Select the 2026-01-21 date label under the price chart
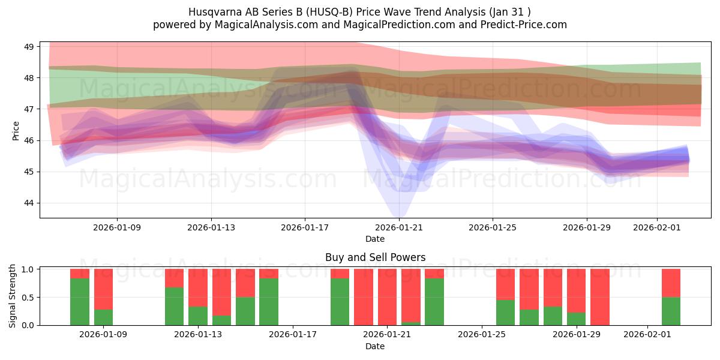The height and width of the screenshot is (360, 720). point(398,227)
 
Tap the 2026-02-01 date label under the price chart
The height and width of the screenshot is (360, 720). point(656,227)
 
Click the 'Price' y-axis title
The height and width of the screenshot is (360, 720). point(16,130)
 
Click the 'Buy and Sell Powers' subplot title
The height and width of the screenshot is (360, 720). point(375,257)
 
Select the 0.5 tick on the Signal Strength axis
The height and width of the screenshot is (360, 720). point(28,298)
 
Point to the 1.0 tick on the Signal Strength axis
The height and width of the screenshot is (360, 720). point(28,269)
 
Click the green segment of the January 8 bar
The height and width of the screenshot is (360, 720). point(80,301)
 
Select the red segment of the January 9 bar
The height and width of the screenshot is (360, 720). point(103,289)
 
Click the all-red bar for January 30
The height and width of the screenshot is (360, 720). point(600,297)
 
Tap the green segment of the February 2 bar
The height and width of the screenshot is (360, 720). point(671,311)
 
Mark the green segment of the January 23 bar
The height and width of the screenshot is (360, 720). point(434,301)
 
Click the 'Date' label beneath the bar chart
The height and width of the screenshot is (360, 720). point(375,346)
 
